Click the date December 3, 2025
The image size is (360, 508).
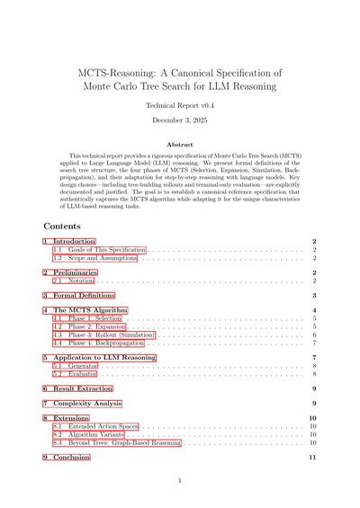coord(179,120)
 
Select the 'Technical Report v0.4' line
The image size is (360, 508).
coord(179,104)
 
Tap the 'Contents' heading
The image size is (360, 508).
coord(61,226)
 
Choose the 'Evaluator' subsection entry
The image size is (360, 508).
coord(83,373)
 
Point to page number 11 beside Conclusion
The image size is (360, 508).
coord(312,458)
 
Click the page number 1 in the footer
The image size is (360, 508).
coord(180,481)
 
